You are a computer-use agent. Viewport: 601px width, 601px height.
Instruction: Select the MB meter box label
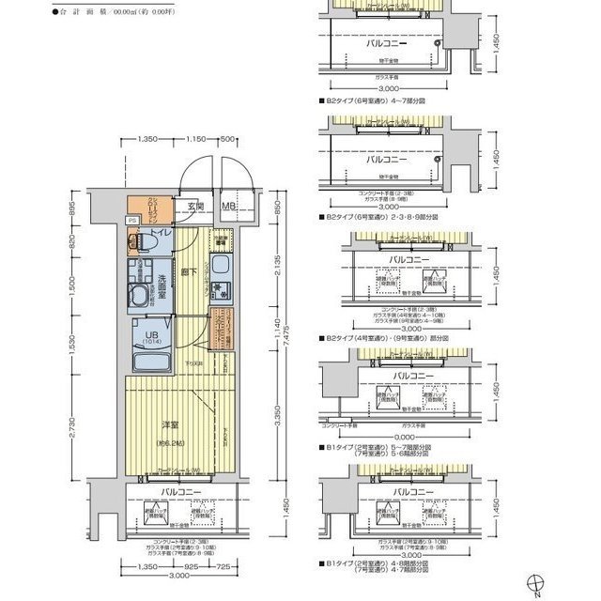tap(229, 206)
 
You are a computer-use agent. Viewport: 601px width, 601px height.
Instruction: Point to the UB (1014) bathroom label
tap(150, 334)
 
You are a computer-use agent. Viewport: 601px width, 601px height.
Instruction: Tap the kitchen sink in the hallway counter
tap(217, 285)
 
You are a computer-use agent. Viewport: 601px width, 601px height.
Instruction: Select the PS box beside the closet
tap(131, 221)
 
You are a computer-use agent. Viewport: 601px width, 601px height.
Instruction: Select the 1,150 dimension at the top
tap(195, 139)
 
